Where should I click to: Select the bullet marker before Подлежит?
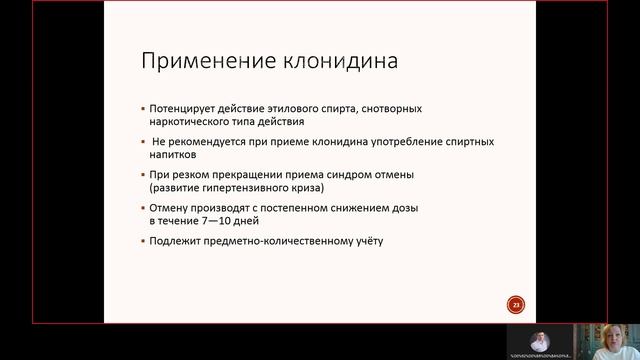pyautogui.click(x=142, y=241)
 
